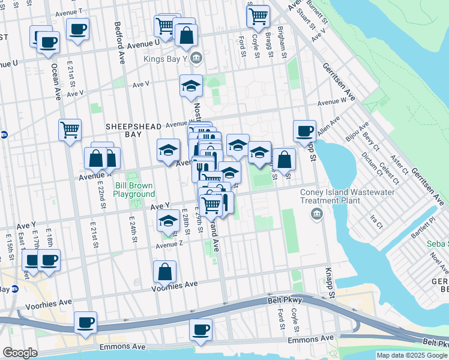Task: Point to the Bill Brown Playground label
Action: click(135, 190)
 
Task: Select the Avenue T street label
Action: click(68, 12)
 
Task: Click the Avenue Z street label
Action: click(169, 245)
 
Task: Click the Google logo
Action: click(19, 353)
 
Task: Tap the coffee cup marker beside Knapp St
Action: click(304, 130)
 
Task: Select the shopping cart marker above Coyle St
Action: click(258, 16)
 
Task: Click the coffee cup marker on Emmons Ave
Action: click(200, 329)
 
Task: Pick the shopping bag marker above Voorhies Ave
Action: click(164, 271)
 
